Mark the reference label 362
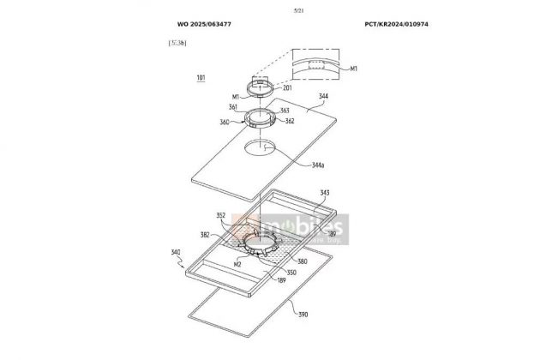[x=291, y=122]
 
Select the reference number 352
[x=221, y=216]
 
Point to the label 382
[x=207, y=233]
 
